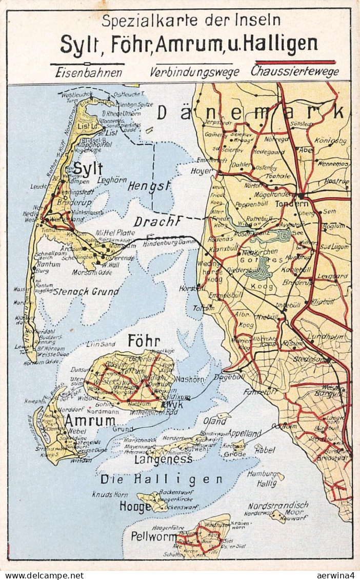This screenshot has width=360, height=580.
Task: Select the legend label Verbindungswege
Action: (x=194, y=72)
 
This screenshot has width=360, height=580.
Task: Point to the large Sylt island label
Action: (x=88, y=169)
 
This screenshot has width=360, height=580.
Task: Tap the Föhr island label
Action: (x=144, y=341)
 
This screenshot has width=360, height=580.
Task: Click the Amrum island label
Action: (x=90, y=421)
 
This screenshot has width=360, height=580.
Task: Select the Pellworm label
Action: (x=153, y=536)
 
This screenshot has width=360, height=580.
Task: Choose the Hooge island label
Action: (x=135, y=507)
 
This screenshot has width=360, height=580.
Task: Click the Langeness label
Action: (x=163, y=459)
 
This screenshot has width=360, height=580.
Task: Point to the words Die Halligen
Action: (x=162, y=479)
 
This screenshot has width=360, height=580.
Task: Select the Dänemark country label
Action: (x=250, y=112)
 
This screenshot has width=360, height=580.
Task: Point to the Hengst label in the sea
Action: (x=149, y=186)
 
